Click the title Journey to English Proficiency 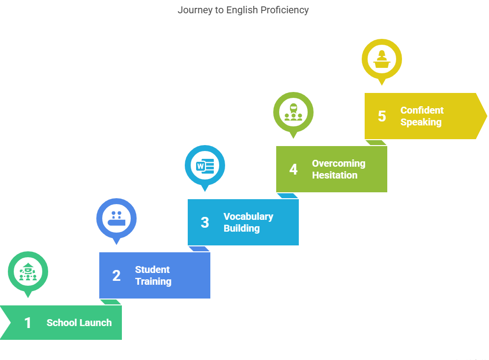pos(243,10)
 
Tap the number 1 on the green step pos(28,323)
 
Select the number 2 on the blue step pos(116,275)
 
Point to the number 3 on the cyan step pos(204,222)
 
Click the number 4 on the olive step pos(293,169)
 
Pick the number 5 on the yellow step pos(381,116)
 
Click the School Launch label pos(79,323)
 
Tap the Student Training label pos(153,275)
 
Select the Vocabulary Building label pos(248,222)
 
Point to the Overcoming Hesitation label pos(339,169)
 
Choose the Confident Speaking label pos(422,116)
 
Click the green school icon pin pos(28,271)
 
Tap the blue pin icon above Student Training pos(116,218)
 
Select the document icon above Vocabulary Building pos(205,165)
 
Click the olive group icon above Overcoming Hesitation pos(293,112)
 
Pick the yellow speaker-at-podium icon pos(382,59)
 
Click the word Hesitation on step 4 pos(335,175)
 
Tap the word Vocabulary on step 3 pos(248,216)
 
